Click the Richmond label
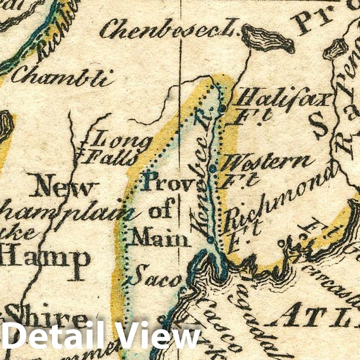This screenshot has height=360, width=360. tap(281, 196)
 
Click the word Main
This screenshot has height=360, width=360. tap(160, 237)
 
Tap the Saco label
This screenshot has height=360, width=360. tap(155, 278)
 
